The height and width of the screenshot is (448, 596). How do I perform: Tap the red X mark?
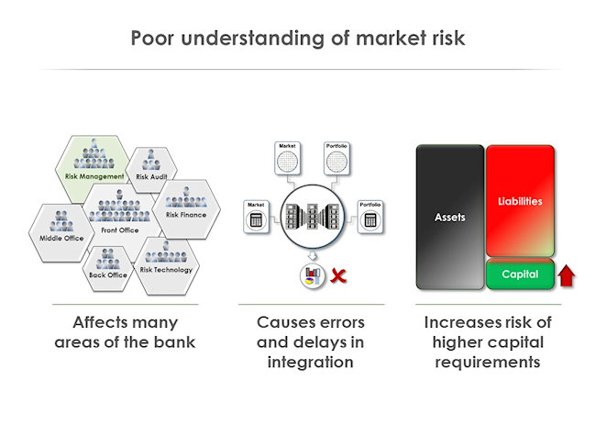click(x=338, y=274)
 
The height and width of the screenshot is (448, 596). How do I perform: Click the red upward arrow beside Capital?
click(x=566, y=274)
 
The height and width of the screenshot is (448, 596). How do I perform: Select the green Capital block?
click(x=519, y=274)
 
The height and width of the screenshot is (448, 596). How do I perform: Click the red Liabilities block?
click(x=520, y=200)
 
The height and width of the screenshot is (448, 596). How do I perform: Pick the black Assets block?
click(x=449, y=218)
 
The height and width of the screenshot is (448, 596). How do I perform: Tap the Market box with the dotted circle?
click(x=288, y=158)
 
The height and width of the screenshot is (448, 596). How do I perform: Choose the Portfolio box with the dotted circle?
click(x=337, y=158)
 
